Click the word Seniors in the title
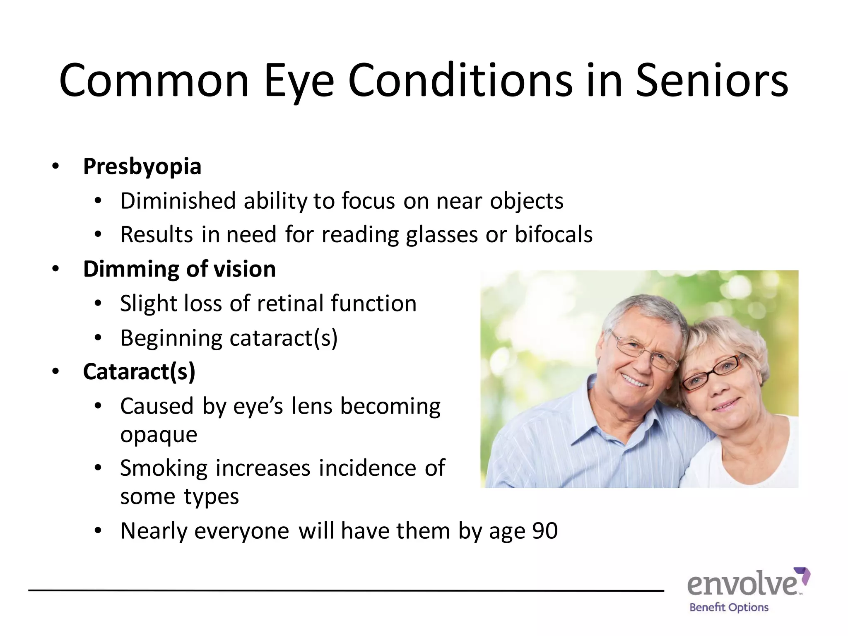711,80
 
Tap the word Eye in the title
298,81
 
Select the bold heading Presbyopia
142,166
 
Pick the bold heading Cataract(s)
139,371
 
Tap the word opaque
159,435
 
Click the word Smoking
164,468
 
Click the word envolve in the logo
743,585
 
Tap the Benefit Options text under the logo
729,607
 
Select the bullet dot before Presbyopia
55,166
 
